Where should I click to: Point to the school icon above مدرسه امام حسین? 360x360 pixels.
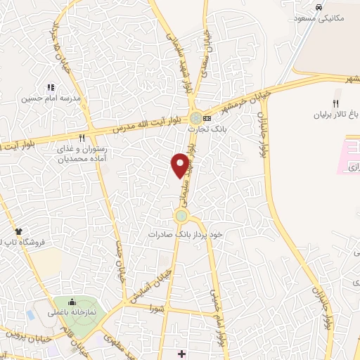click(50, 87)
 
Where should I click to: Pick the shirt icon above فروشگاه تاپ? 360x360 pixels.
click(19, 231)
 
